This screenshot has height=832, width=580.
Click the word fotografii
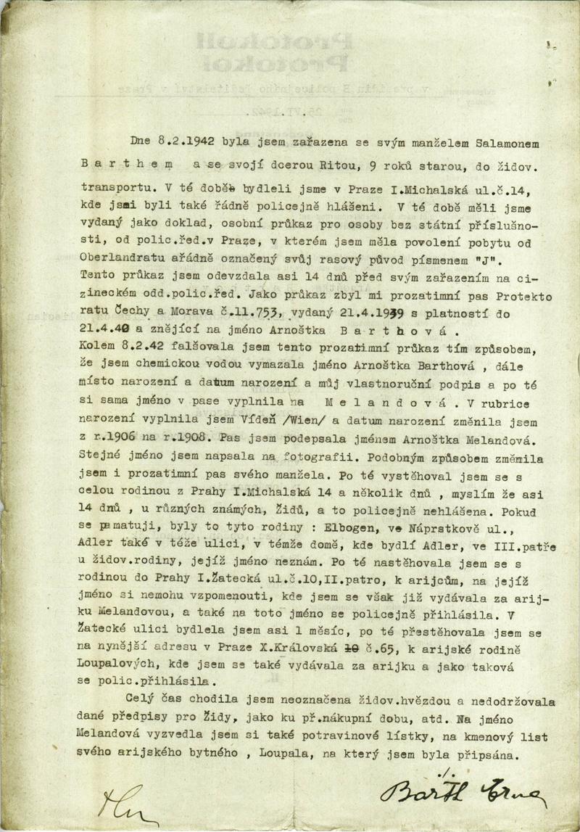(x=343, y=457)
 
